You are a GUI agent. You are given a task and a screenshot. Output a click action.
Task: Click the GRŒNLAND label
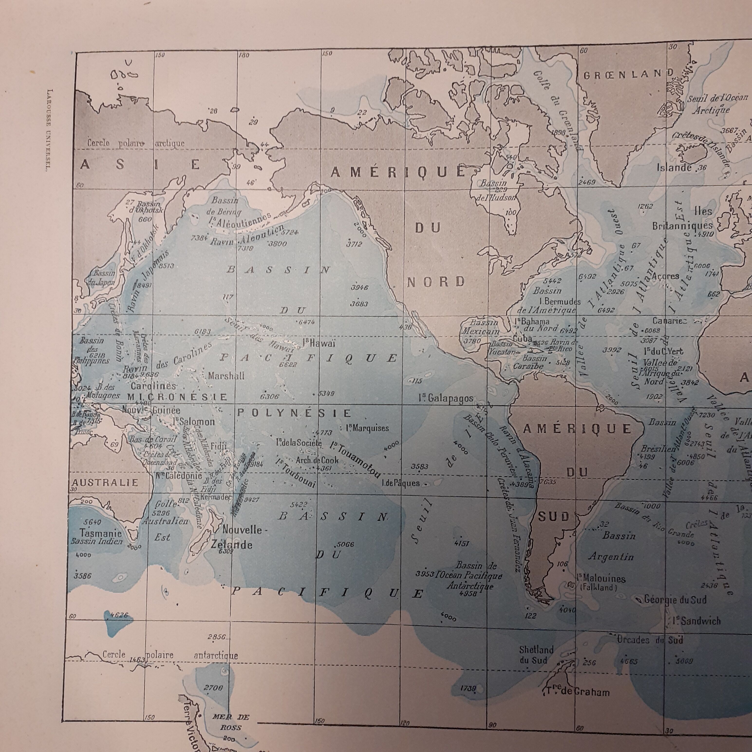click(x=628, y=74)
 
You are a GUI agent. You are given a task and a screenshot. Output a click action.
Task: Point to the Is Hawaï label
click(x=318, y=343)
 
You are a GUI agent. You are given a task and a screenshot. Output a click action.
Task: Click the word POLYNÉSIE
click(x=294, y=413)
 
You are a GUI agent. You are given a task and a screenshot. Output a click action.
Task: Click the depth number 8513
click(x=165, y=266)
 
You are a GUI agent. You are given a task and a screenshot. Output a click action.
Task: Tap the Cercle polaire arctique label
click(x=135, y=143)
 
